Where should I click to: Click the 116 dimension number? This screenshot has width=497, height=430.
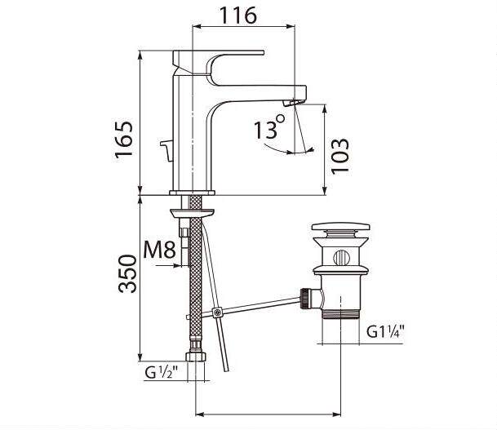(238, 15)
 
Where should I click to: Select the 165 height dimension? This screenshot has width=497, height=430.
(123, 140)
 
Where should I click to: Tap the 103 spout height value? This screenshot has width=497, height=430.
(340, 157)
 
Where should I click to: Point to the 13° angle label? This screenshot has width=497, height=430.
(269, 127)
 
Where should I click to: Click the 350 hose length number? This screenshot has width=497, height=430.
(127, 274)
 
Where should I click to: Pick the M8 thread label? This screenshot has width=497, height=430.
(159, 250)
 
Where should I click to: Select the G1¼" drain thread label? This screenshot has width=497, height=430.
(386, 332)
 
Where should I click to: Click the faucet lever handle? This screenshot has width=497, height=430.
(219, 64)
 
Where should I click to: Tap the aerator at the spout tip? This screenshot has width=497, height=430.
(291, 102)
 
